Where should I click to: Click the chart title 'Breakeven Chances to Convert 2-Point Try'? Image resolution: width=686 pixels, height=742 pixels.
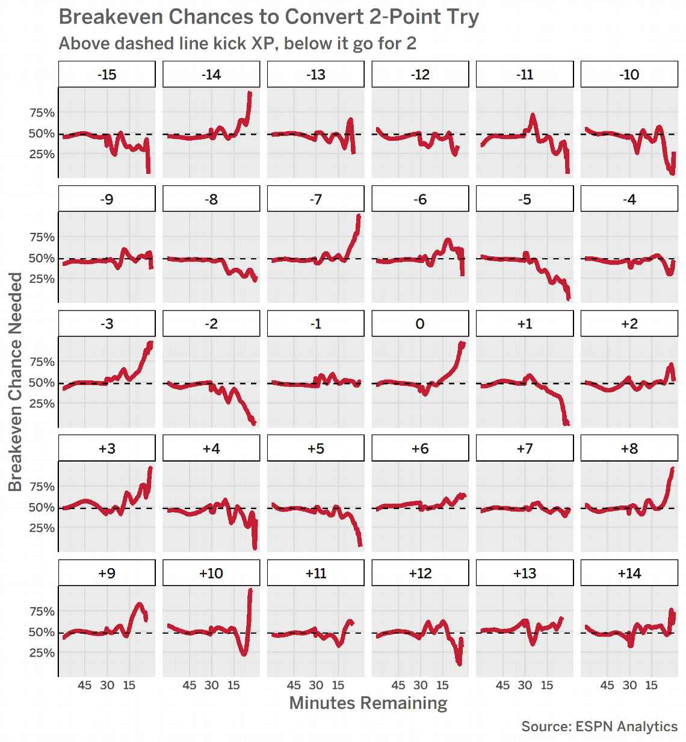click(x=268, y=17)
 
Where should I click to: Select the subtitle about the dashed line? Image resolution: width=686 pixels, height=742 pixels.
click(x=237, y=44)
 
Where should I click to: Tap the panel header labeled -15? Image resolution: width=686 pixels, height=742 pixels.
click(x=107, y=75)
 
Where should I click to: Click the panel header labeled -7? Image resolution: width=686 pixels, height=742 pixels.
click(x=315, y=199)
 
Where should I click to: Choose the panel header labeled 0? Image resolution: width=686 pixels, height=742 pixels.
click(x=420, y=324)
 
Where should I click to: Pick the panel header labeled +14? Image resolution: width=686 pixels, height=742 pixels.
click(x=629, y=573)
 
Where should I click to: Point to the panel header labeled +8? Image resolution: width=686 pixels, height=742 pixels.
click(x=629, y=448)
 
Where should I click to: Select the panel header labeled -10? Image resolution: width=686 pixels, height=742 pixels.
click(x=629, y=75)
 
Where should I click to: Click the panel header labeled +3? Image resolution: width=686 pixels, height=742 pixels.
click(x=107, y=448)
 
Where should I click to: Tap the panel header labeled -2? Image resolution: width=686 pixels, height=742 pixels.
click(x=211, y=324)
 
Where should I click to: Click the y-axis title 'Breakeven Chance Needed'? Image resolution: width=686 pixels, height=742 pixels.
click(x=16, y=382)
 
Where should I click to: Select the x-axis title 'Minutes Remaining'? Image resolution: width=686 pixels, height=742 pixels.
click(x=368, y=703)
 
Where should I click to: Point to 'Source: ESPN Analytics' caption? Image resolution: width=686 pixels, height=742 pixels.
click(x=599, y=726)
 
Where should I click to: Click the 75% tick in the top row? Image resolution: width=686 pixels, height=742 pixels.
click(x=42, y=113)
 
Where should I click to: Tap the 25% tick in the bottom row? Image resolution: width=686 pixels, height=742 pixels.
click(x=42, y=653)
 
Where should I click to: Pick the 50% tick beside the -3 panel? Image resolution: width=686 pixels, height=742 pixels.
click(x=42, y=383)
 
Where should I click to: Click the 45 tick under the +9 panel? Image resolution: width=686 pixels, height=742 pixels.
click(x=85, y=685)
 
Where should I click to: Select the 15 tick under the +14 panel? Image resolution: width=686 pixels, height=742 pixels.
click(x=652, y=685)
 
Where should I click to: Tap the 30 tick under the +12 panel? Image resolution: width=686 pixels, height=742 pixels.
click(x=420, y=685)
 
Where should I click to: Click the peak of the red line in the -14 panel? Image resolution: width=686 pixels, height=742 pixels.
click(x=250, y=93)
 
